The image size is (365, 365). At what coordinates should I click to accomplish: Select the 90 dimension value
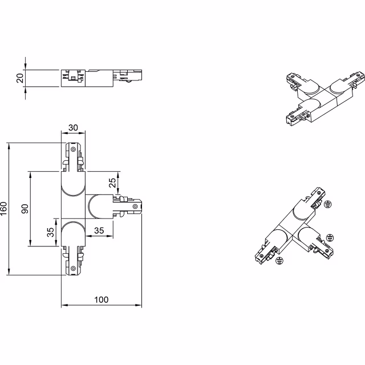(x=25, y=208)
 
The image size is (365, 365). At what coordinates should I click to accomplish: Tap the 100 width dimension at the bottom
(x=101, y=299)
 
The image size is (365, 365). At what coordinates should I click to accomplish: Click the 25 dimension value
(x=112, y=182)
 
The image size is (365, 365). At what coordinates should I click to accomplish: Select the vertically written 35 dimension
(x=51, y=232)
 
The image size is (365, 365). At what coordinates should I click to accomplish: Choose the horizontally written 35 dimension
(x=99, y=231)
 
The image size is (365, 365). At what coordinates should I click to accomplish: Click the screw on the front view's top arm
(x=74, y=147)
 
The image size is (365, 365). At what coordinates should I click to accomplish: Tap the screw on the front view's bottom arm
(x=74, y=269)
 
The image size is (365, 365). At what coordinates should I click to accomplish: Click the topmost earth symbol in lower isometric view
(x=328, y=204)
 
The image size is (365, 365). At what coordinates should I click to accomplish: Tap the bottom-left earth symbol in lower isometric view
(x=279, y=260)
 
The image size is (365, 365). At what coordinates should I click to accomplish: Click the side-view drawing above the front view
(x=102, y=78)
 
